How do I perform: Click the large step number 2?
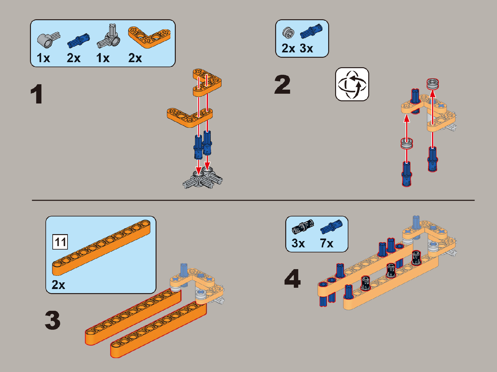click(282, 85)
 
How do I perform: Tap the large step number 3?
click(53, 320)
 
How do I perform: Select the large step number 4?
click(293, 278)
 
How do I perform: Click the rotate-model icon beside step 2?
click(352, 84)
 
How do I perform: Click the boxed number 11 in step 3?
click(60, 242)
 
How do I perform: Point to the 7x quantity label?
click(327, 243)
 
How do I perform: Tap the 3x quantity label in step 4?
click(298, 243)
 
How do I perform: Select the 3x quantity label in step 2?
click(306, 49)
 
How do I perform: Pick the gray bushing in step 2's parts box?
click(288, 32)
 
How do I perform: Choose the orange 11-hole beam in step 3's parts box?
click(101, 248)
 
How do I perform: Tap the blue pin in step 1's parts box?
click(79, 41)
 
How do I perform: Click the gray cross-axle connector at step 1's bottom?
click(203, 178)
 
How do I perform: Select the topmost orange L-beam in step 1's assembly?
click(207, 83)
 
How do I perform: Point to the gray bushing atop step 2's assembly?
click(433, 84)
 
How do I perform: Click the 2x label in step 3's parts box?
click(58, 285)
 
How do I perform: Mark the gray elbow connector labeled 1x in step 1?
click(49, 40)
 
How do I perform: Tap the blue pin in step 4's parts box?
click(331, 227)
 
